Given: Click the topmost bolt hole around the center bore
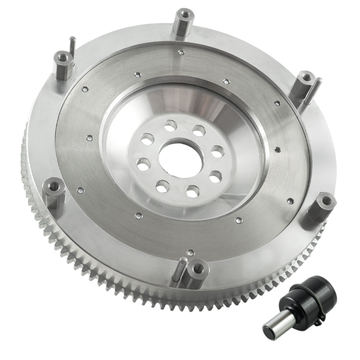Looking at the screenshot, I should click(x=170, y=125).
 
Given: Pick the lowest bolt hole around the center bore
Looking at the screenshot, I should click(x=192, y=192).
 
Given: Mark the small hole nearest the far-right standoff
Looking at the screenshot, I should click(x=290, y=201).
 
